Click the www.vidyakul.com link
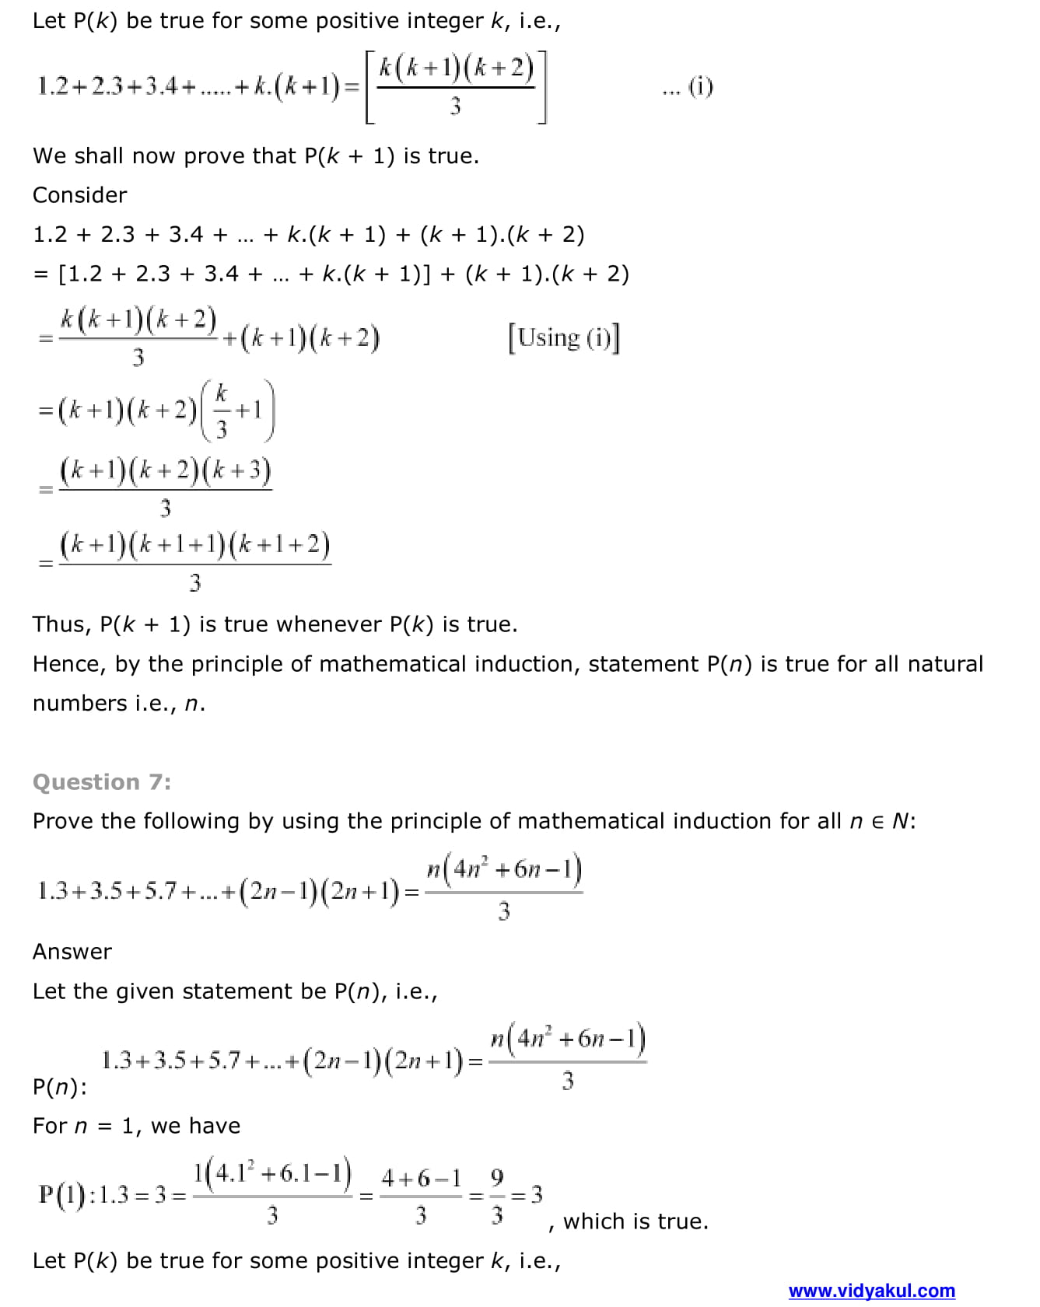pos(871,1291)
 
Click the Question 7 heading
pos(101,782)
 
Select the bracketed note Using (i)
pos(564,338)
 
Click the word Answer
pos(72,952)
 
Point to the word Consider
pos(79,195)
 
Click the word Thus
pos(61,624)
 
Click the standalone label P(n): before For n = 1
pos(60,1086)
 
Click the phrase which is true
pos(636,1221)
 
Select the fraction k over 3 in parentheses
pos(222,411)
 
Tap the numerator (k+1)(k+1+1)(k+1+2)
pos(194,545)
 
